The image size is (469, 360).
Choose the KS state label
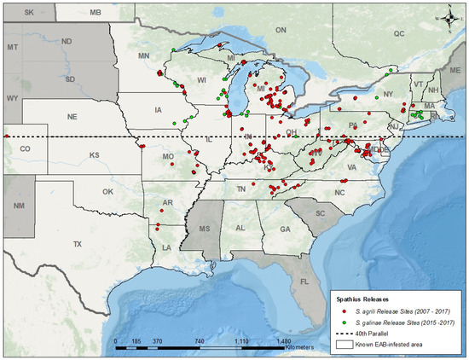[x=95, y=156]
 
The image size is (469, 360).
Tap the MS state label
[x=205, y=229]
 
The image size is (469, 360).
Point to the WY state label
[x=12, y=98]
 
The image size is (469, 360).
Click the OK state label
[x=107, y=192]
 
